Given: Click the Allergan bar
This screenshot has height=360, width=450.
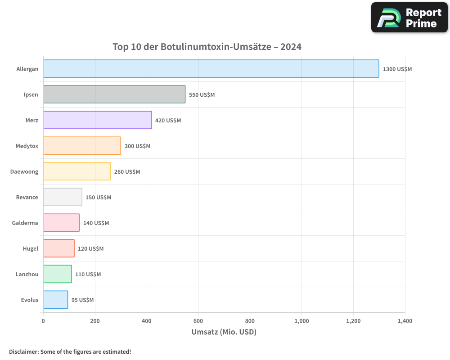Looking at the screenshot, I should [211, 69].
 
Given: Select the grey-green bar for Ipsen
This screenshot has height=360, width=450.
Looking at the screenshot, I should [114, 94].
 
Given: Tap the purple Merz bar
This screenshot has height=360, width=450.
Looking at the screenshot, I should [98, 120].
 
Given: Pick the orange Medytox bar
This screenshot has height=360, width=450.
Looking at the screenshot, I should [82, 146].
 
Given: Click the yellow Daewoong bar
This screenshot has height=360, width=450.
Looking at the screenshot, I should [77, 171].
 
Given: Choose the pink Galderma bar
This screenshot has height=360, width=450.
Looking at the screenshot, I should [62, 223].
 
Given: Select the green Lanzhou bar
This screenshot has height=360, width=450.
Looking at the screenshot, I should [58, 274].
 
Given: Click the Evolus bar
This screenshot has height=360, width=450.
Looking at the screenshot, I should [56, 300].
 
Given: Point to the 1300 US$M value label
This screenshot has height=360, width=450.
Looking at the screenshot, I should [397, 69].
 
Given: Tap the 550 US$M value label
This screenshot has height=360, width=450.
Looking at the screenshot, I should [202, 95].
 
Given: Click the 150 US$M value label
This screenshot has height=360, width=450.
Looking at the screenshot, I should [98, 198].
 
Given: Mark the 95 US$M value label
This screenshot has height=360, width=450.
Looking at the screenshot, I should [82, 300].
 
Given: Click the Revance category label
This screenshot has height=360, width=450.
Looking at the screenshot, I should [27, 198].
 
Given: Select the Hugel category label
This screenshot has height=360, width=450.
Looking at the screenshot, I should [31, 249].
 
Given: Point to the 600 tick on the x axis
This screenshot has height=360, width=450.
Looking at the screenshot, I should [198, 321].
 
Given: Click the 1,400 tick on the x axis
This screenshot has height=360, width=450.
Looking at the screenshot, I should [405, 321].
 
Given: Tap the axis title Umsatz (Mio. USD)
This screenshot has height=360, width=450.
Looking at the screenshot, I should [224, 332].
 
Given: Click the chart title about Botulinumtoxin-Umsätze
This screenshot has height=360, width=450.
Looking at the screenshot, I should [207, 47].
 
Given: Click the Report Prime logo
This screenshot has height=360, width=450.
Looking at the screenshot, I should [409, 18].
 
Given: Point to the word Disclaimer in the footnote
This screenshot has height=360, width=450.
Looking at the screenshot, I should [23, 352].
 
